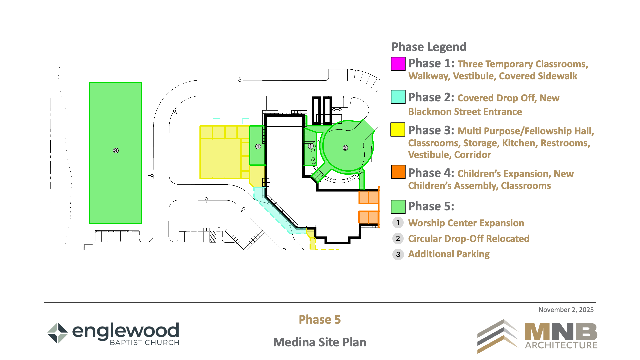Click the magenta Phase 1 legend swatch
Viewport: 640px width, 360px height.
(x=398, y=64)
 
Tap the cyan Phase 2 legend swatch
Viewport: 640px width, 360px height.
(x=398, y=97)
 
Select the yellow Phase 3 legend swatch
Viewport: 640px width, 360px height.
(x=398, y=130)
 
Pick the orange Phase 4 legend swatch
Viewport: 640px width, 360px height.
(x=398, y=172)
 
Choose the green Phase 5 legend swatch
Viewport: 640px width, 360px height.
(x=398, y=207)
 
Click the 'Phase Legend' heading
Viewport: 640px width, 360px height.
(x=429, y=47)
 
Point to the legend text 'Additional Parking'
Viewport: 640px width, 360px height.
(x=449, y=254)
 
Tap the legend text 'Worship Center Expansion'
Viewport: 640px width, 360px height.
(x=466, y=223)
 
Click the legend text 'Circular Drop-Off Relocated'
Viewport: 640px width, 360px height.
(x=469, y=239)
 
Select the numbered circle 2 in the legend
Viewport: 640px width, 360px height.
(x=398, y=239)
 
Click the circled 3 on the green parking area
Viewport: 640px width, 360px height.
(x=116, y=150)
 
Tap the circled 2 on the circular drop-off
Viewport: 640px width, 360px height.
(x=345, y=148)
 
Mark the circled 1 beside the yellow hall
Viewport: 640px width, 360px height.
(x=258, y=147)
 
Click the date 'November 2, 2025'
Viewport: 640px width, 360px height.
(x=566, y=310)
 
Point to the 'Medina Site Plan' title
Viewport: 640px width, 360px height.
(x=320, y=342)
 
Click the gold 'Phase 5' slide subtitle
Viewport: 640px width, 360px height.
(x=320, y=319)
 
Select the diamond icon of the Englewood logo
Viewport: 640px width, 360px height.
(x=58, y=333)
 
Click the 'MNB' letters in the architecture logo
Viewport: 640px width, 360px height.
(x=561, y=332)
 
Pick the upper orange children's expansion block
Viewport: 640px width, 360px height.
(x=369, y=197)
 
